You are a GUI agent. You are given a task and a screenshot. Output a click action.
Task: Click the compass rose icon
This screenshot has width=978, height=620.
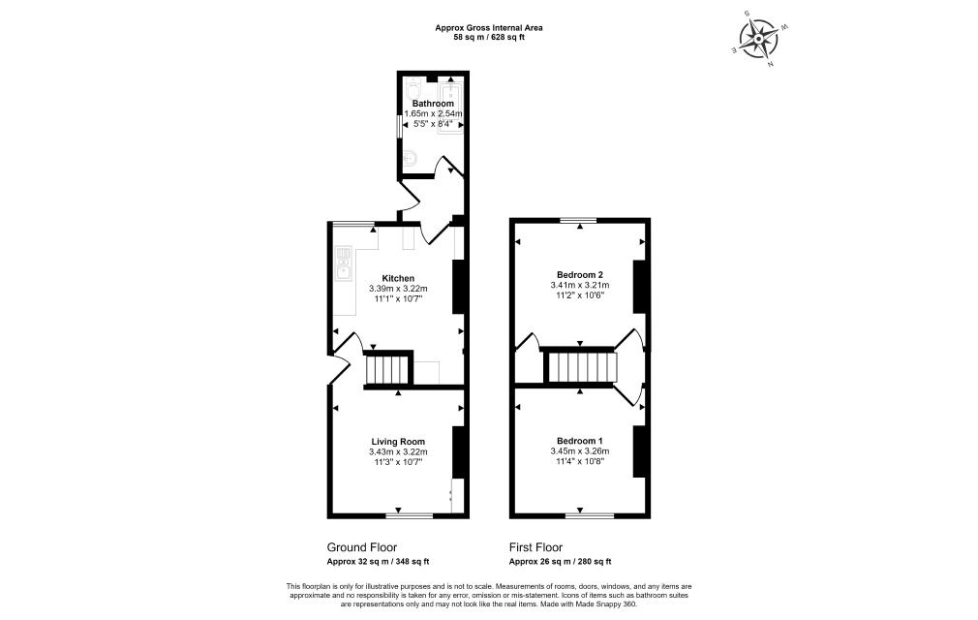pos(758,39)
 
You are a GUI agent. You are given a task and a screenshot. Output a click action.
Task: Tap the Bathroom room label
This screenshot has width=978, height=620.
pos(433,103)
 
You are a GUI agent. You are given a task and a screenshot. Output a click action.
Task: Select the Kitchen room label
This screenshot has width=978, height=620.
pos(398,278)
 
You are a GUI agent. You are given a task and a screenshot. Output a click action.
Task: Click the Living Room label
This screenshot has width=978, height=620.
pos(398,442)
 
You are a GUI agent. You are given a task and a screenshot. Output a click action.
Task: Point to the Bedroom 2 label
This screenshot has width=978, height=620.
pos(579,274)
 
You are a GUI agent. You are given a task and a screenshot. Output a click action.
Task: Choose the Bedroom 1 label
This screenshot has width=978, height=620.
pos(579,441)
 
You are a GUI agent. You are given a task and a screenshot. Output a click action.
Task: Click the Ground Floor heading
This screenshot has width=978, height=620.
pos(362,547)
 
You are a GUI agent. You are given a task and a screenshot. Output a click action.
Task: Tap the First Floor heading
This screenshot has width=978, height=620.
pos(535,547)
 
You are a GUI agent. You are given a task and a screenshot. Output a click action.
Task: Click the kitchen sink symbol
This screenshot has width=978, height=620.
pos(344,263)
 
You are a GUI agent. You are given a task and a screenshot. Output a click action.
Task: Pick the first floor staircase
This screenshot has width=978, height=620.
pos(581,367)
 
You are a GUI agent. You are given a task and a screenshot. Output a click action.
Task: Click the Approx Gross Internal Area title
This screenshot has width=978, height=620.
pos(489,27)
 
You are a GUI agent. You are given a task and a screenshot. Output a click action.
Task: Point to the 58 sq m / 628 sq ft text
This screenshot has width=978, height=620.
pos(489,37)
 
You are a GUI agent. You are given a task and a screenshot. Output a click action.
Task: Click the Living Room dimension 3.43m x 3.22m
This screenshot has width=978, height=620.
pos(398,452)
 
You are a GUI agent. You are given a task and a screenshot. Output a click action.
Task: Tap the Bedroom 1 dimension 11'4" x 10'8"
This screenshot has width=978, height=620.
pos(579,461)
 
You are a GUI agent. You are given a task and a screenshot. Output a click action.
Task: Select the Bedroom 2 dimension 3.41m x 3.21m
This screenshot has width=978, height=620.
pos(579,285)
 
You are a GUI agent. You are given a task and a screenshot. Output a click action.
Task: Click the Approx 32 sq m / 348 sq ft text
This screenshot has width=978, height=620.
pos(378,561)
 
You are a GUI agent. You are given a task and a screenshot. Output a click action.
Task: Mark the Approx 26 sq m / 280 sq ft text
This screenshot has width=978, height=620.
pos(560,561)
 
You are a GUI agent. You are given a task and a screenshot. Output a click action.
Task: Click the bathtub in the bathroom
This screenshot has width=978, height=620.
pos(451,108)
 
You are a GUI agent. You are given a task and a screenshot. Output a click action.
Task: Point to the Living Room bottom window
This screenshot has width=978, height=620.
pos(410,515)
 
